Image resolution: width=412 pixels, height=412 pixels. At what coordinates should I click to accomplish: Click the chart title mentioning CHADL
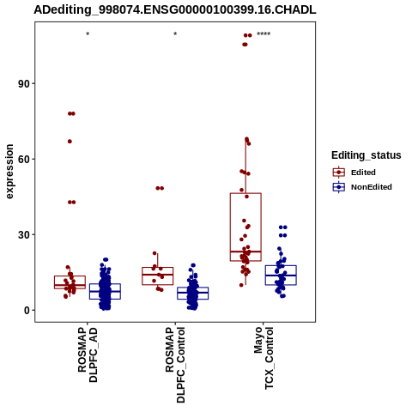coord(175,9)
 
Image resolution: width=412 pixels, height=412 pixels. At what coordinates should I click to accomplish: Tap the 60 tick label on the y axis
coord(24,159)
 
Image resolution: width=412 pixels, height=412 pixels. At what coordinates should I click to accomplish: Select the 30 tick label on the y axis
coord(24,234)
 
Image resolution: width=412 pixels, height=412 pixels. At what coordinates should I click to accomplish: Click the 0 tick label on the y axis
coord(27,310)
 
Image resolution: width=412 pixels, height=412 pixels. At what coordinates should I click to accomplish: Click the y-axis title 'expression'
coord(9,172)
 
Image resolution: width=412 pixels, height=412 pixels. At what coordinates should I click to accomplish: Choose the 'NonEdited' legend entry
coord(362,187)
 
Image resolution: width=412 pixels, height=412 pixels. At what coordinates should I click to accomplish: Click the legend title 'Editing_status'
coord(367,155)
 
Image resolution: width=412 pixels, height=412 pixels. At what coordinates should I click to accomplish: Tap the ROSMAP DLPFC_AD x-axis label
coord(88,354)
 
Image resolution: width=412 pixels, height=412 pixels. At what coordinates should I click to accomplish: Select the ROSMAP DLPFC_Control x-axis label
coord(175,365)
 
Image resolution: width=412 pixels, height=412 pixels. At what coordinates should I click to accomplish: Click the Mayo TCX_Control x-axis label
coord(264,358)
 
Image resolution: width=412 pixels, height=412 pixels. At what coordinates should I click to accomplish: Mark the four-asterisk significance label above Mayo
coord(264,34)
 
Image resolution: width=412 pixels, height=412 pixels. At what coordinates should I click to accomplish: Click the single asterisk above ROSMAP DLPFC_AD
coord(88,34)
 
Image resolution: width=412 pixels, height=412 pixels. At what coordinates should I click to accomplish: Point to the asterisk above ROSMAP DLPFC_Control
coord(175,34)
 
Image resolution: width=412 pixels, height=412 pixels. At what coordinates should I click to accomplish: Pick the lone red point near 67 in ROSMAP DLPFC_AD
coord(70,142)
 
